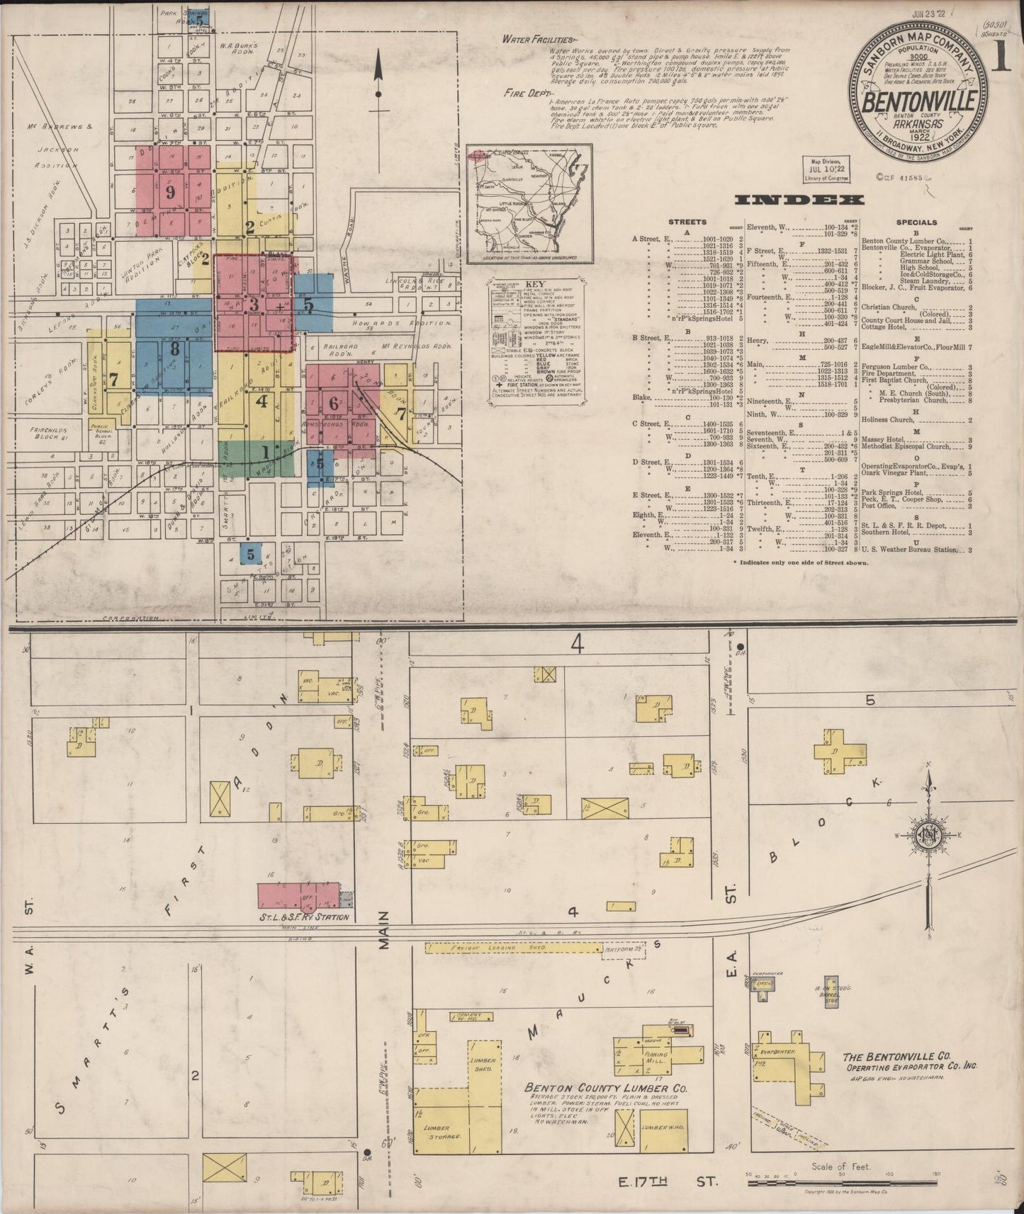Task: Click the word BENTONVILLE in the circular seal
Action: coord(920,101)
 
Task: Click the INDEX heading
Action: coord(800,200)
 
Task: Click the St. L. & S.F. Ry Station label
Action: coord(305,917)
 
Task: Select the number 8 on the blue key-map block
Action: coord(174,348)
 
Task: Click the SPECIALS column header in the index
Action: coord(916,222)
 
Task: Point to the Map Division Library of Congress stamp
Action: coord(828,169)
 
